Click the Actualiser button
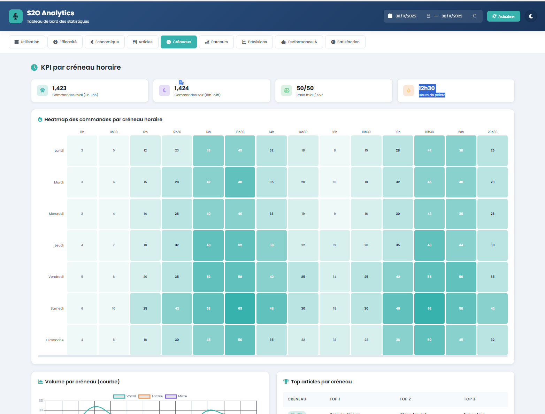pyautogui.click(x=503, y=16)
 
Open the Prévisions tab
pyautogui.click(x=254, y=42)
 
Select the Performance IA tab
pyautogui.click(x=299, y=42)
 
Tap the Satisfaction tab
pyautogui.click(x=345, y=42)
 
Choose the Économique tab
pyautogui.click(x=105, y=42)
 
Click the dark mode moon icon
pyautogui.click(x=531, y=16)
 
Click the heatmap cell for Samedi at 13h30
pyautogui.click(x=240, y=308)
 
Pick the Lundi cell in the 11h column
pyautogui.click(x=82, y=150)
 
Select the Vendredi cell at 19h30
pyautogui.click(x=429, y=277)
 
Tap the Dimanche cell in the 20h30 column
pyautogui.click(x=492, y=340)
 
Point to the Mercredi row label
pyautogui.click(x=56, y=214)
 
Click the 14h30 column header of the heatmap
pyautogui.click(x=303, y=132)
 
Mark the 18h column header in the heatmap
pyautogui.click(x=335, y=132)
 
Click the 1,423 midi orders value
pyautogui.click(x=59, y=88)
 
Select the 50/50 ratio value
pyautogui.click(x=305, y=88)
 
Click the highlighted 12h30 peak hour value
pyautogui.click(x=427, y=88)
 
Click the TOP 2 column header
pyautogui.click(x=405, y=399)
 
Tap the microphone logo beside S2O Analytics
pyautogui.click(x=16, y=16)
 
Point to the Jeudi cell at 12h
pyautogui.click(x=145, y=245)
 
